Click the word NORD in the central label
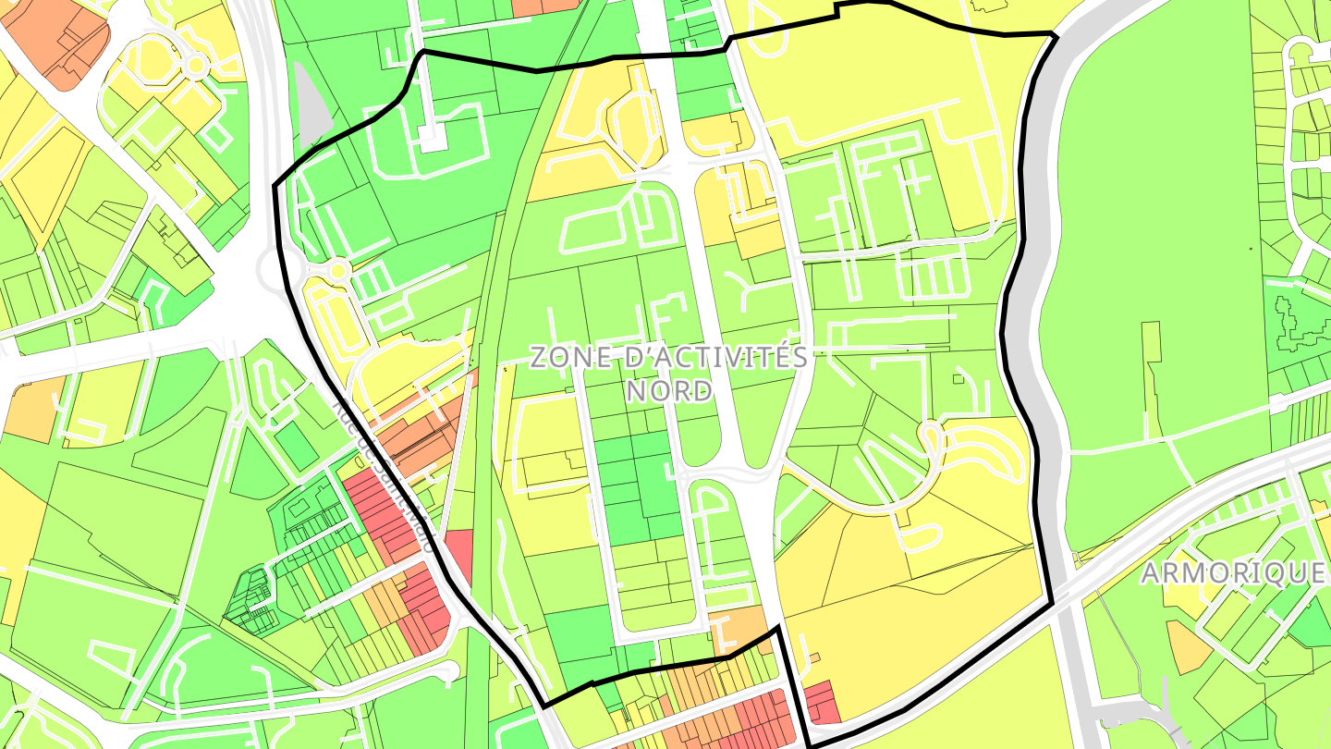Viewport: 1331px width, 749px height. tap(670, 390)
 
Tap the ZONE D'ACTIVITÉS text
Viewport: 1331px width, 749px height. tap(669, 358)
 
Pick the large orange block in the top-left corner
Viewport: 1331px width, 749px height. tap(57, 42)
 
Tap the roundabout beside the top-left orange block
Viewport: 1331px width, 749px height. tap(195, 64)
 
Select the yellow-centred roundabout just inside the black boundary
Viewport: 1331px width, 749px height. tap(338, 269)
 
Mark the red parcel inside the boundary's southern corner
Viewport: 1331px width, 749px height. tap(821, 703)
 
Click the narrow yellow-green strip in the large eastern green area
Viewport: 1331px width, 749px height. tap(1151, 379)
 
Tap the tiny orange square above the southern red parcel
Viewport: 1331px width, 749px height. tap(814, 658)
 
